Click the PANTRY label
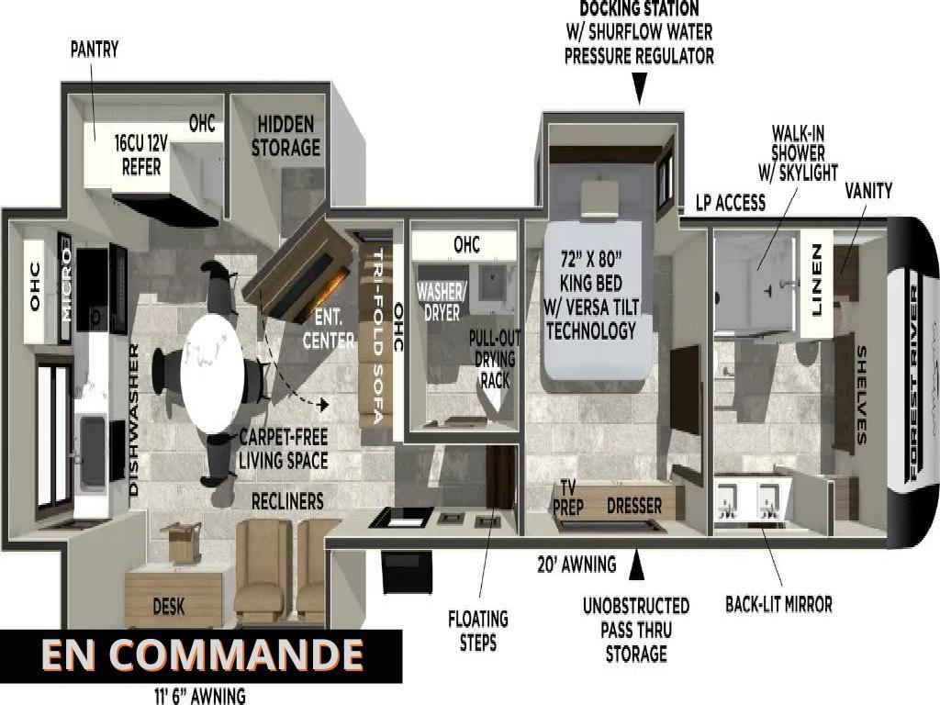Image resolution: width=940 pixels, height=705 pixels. pos(95,50)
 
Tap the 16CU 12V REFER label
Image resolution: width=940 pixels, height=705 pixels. pos(141,154)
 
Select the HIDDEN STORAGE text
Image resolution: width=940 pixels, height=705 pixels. pos(285,135)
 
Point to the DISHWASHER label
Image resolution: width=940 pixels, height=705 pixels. pos(134,420)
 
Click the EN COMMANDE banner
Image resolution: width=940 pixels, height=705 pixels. pos(201,655)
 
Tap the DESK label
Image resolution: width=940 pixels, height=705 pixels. pos(169,606)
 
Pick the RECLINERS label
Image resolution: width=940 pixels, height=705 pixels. pos(287,501)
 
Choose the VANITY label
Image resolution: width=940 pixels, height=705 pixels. pos(867,191)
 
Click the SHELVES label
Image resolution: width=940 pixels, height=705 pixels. pos(862,395)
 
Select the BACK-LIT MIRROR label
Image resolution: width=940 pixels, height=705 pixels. pos(778,604)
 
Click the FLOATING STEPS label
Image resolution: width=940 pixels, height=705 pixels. pos(478,630)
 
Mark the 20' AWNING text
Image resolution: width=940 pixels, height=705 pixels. pos(576,565)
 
